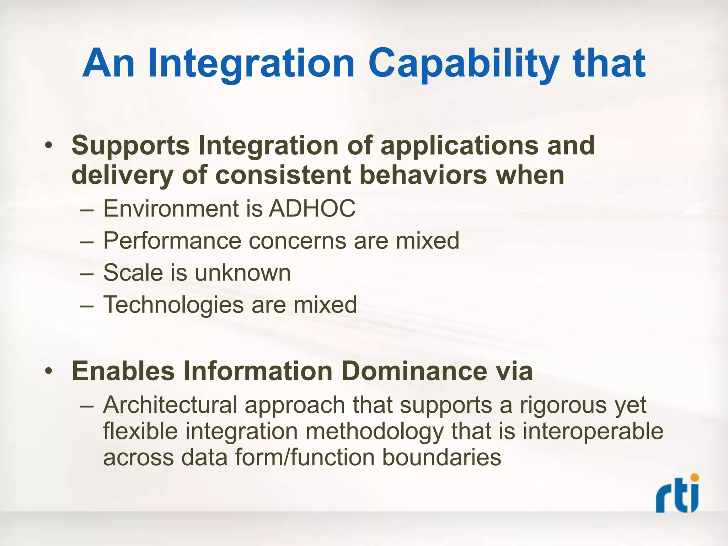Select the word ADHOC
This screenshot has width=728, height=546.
312,209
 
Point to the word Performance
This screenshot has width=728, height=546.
172,241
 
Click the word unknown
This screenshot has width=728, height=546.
242,273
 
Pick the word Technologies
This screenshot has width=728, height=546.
173,305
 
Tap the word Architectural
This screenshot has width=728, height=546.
170,405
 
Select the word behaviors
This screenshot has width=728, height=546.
423,175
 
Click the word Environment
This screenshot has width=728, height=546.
171,209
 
